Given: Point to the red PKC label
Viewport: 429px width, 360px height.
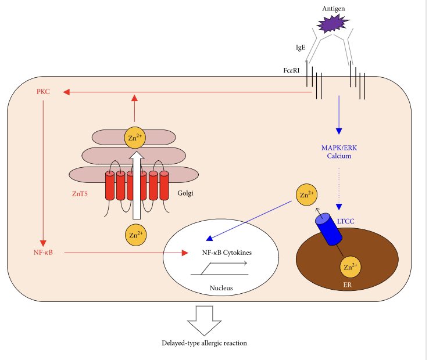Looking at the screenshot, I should [x=44, y=92].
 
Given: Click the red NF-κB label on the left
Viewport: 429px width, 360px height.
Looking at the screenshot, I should [x=43, y=253].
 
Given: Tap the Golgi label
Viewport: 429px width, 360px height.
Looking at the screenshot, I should [x=187, y=193].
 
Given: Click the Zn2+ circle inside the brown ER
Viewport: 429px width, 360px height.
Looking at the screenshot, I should [x=348, y=268].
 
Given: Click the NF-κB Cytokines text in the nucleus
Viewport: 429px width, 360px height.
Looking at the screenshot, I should [x=223, y=253].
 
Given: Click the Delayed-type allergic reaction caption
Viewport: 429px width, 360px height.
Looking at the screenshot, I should [x=204, y=343].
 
